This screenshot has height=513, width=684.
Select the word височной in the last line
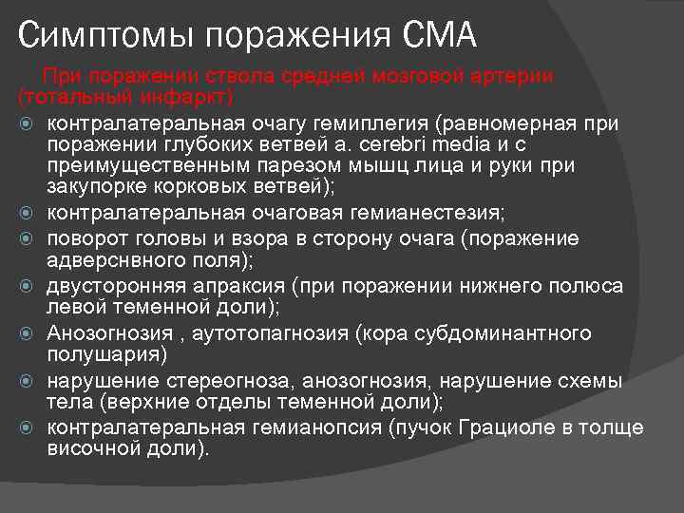click(x=91, y=448)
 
